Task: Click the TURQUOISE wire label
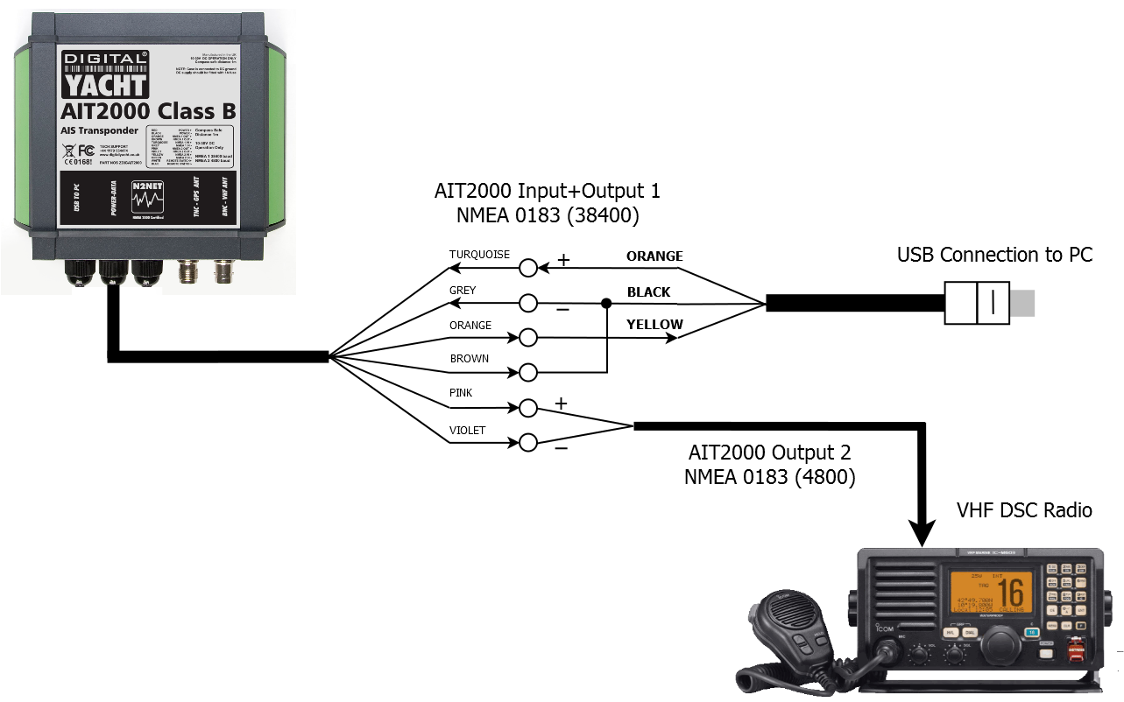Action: (x=479, y=255)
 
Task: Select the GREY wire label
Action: (x=463, y=290)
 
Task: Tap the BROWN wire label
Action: (x=470, y=359)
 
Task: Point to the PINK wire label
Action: (x=461, y=393)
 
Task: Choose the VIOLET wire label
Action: (x=467, y=431)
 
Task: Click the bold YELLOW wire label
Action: (x=654, y=325)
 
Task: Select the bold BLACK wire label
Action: (x=648, y=291)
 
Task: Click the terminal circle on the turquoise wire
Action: (x=528, y=267)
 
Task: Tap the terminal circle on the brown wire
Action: (x=528, y=373)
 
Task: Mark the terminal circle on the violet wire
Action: (x=528, y=443)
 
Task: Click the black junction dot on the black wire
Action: (x=606, y=303)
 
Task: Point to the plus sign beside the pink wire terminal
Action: (x=561, y=404)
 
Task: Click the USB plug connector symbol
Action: (x=978, y=303)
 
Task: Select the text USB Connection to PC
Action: (x=994, y=255)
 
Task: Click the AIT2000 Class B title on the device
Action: (x=138, y=111)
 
